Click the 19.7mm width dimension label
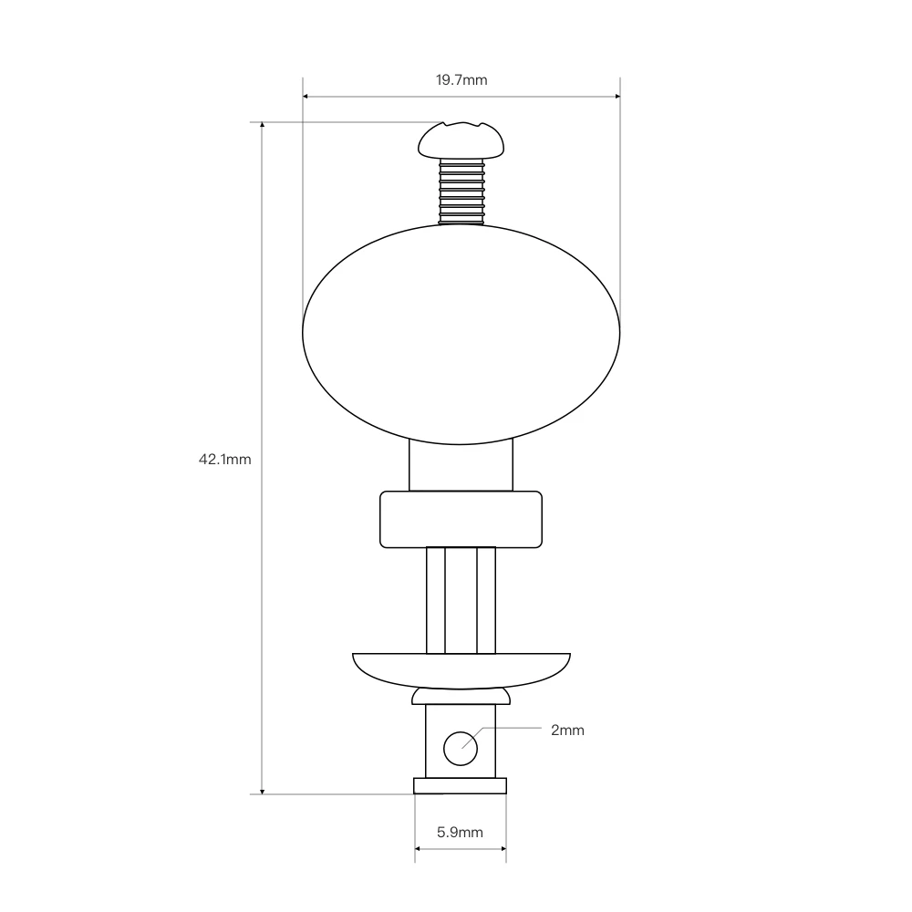[x=461, y=79]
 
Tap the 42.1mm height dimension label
[x=225, y=460]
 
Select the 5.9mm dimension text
[x=460, y=833]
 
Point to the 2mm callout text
[x=567, y=730]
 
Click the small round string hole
[x=461, y=749]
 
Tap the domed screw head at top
[x=461, y=140]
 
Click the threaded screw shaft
[x=461, y=192]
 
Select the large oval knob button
[x=461, y=334]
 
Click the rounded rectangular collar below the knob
[x=461, y=520]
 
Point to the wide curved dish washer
[x=461, y=670]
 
